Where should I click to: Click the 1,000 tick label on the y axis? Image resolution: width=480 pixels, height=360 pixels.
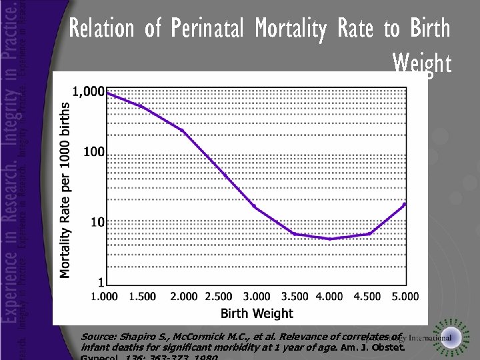coord(88,92)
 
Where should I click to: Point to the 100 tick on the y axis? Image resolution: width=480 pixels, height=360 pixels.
coord(93,152)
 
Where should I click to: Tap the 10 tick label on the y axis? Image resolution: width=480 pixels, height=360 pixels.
coord(96,221)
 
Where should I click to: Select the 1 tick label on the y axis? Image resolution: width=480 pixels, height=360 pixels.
coord(100,283)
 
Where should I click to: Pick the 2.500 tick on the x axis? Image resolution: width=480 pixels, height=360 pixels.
coord(219,297)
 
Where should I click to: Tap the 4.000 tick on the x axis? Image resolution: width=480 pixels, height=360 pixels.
coord(329,297)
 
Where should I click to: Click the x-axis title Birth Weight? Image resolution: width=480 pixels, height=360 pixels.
coord(257,313)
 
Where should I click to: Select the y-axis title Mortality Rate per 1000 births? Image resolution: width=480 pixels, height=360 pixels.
coord(65,189)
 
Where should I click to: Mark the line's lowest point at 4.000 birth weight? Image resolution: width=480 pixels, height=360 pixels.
coord(329,239)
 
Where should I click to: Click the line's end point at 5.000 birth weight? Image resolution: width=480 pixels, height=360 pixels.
coord(405,204)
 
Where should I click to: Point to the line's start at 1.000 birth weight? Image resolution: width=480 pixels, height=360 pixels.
coord(107,93)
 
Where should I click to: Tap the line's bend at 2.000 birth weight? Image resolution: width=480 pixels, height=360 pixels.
coord(183,130)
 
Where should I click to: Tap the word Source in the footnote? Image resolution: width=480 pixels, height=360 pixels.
coord(97,337)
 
